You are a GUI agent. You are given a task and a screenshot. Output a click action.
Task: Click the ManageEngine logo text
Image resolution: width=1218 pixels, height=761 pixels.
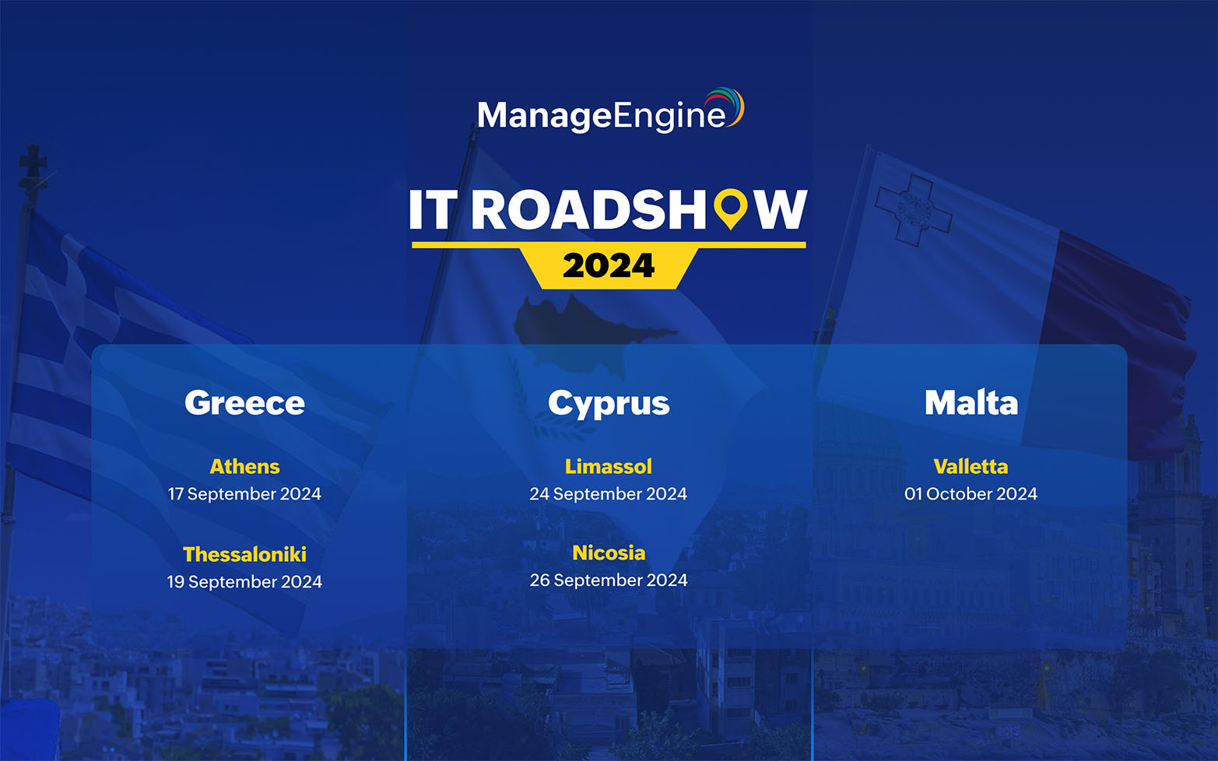tap(601, 116)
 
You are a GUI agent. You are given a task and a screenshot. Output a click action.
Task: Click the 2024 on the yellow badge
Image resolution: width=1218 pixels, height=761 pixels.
tap(609, 266)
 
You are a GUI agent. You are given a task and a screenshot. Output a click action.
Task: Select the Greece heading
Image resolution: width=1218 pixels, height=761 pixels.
tap(244, 403)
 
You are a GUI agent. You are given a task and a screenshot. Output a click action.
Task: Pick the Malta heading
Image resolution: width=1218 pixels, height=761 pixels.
tap(971, 403)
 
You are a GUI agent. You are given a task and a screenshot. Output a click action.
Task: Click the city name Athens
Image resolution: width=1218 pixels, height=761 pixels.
tap(244, 466)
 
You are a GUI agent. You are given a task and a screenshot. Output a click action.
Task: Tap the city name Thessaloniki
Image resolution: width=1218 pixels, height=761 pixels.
tap(244, 554)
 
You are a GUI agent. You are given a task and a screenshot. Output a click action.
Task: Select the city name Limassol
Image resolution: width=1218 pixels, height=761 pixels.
tap(609, 466)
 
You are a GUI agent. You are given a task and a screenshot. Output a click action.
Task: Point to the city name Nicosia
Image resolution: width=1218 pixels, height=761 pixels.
tap(609, 552)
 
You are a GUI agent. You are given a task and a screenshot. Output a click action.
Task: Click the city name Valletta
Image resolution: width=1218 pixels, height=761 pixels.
tap(971, 466)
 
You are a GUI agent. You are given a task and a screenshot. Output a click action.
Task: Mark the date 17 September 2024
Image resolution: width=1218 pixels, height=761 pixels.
tap(244, 494)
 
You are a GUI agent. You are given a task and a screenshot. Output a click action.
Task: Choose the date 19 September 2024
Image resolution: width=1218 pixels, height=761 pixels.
tap(244, 582)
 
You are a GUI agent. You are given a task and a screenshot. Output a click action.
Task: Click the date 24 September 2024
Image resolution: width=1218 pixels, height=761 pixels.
tap(609, 494)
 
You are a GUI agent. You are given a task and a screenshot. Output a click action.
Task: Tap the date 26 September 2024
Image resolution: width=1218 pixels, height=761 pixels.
tap(609, 580)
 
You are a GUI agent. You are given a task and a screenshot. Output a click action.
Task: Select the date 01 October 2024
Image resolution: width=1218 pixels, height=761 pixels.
tap(971, 494)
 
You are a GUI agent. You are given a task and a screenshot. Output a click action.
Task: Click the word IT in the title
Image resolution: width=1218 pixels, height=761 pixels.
tap(432, 210)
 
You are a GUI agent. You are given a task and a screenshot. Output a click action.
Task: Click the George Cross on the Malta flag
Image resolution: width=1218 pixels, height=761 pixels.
tap(911, 209)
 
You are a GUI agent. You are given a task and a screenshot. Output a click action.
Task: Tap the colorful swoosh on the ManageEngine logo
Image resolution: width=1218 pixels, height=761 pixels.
tap(727, 105)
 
